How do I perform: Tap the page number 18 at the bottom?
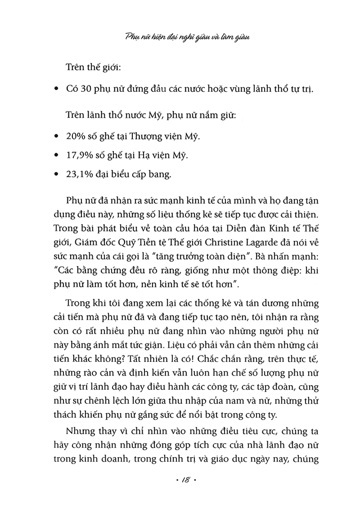coord(180,480)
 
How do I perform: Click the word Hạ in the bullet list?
coord(140,156)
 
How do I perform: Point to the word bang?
coord(161,174)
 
